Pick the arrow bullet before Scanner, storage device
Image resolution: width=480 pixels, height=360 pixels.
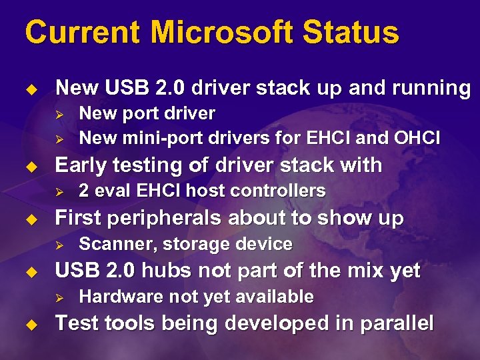coord(58,245)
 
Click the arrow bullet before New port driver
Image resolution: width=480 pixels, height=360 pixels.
coord(58,114)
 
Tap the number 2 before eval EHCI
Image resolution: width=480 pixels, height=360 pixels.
coord(84,191)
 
